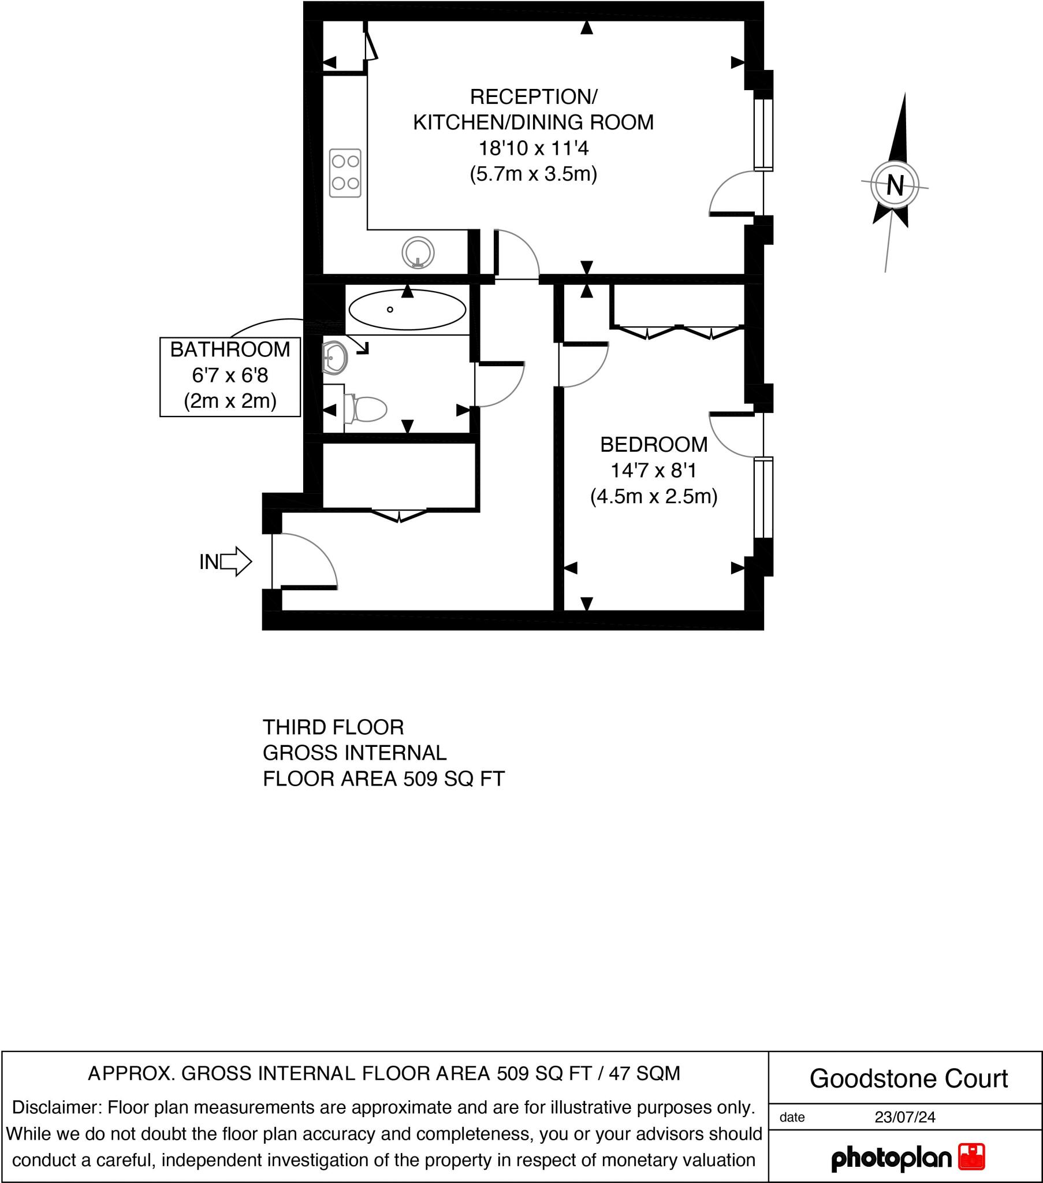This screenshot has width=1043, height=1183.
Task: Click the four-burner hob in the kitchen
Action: coord(345,173)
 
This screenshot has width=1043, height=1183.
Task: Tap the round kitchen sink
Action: coord(418,252)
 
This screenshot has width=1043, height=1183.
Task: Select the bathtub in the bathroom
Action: coord(408,310)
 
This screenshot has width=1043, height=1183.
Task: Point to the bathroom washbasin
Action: coord(334,356)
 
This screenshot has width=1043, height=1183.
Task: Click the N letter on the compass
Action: coord(895,186)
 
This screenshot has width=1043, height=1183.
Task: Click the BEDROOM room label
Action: coord(654,445)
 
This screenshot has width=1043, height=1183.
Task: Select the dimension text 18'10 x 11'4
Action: coord(533,148)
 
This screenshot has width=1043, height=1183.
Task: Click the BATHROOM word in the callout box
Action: coord(230,349)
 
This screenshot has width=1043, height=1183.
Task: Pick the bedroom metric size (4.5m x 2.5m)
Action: coord(654,497)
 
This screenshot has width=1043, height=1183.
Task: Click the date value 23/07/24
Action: coord(904,1117)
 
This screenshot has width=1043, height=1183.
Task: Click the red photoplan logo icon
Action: coord(972,1156)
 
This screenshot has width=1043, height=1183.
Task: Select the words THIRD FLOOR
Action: coord(333,727)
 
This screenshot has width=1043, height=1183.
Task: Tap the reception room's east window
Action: coord(763,135)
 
